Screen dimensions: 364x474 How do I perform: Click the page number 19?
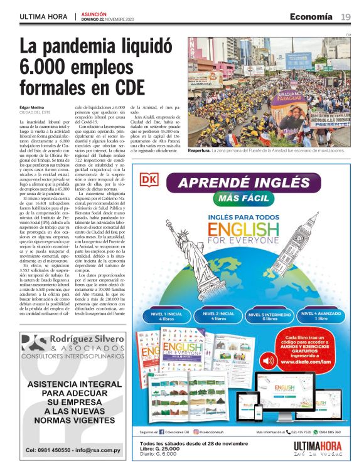pos(346,16)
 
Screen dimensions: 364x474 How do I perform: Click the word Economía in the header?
pos(311,16)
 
